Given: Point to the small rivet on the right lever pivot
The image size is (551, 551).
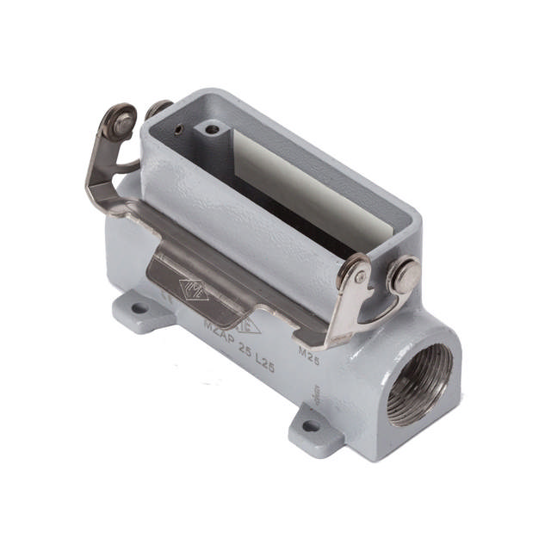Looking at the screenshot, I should click(359, 277).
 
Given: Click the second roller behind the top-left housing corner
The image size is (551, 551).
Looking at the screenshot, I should click(158, 108).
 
